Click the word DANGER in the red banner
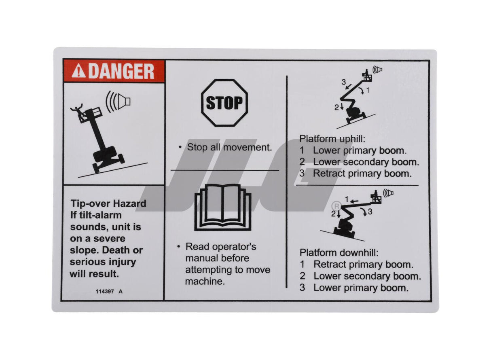pos(121,72)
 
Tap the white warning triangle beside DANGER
pos(78,72)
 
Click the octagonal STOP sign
pos(224,103)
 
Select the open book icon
pos(223,207)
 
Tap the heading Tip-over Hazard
pos(108,203)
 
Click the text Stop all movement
pos(229,147)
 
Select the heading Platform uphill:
pos(332,139)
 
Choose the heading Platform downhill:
pos(339,253)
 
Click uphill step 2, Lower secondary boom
pos(366,162)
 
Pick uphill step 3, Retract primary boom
pos(362,174)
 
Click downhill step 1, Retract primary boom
pos(363,265)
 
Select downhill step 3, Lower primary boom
pos(361,288)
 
